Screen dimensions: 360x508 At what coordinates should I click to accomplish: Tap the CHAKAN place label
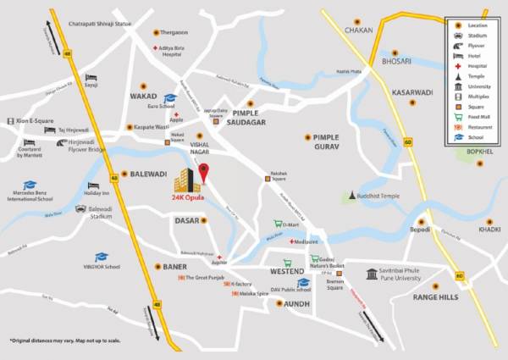(358, 30)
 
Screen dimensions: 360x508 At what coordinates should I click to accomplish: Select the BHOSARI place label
(395, 62)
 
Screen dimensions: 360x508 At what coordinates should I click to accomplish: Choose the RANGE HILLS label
(436, 297)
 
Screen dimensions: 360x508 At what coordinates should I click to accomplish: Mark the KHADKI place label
(489, 229)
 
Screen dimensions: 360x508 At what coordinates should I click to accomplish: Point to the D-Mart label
(291, 224)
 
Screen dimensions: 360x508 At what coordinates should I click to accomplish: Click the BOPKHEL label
(478, 152)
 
